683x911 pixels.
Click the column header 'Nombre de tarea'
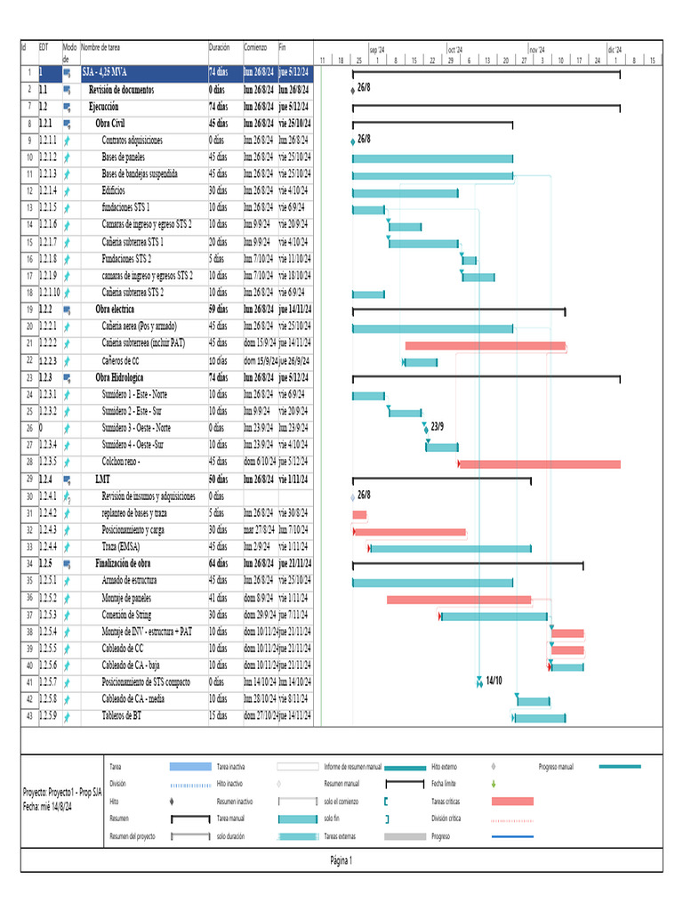pyautogui.click(x=100, y=47)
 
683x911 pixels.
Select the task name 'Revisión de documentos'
pyautogui.click(x=121, y=90)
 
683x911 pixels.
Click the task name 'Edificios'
pyautogui.click(x=114, y=190)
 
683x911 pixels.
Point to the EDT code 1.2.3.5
pyautogui.click(x=47, y=462)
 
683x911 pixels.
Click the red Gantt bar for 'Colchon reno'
pyautogui.click(x=539, y=464)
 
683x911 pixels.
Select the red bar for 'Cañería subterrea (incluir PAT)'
pyautogui.click(x=485, y=345)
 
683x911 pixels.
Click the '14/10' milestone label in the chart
pyautogui.click(x=494, y=681)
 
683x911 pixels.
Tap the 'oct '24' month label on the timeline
pyautogui.click(x=455, y=51)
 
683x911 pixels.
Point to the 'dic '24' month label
pyautogui.click(x=615, y=51)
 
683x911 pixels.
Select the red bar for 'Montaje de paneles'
pyautogui.click(x=459, y=600)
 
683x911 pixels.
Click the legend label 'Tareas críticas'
pyautogui.click(x=446, y=801)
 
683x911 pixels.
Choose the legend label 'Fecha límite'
pyautogui.click(x=444, y=784)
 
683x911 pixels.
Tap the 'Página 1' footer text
pyautogui.click(x=341, y=860)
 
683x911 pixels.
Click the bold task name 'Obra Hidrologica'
pyautogui.click(x=123, y=377)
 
